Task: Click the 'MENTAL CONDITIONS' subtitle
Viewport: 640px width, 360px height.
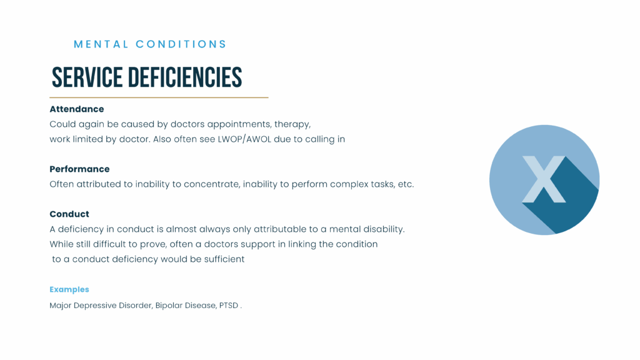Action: [x=150, y=44]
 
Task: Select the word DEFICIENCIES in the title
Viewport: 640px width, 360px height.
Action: [x=185, y=77]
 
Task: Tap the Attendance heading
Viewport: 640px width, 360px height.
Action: [x=77, y=109]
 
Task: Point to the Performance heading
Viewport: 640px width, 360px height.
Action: [x=79, y=169]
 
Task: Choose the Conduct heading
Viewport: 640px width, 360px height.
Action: [x=69, y=214]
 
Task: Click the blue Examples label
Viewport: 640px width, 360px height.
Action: [x=69, y=289]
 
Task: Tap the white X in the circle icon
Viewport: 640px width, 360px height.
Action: [x=544, y=179]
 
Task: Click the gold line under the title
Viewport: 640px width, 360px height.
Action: [x=159, y=97]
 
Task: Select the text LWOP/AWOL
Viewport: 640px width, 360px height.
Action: [x=244, y=139]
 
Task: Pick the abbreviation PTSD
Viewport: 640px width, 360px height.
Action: [x=229, y=305]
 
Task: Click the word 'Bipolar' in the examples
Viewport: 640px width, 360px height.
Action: [x=169, y=305]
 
